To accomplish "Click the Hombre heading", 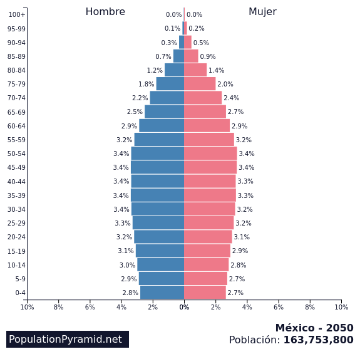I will point(105,12).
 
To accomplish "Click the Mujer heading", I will point(262,12).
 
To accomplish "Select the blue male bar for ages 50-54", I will point(157,153).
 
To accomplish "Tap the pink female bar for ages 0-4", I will point(205,293).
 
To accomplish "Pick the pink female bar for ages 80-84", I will point(195,70).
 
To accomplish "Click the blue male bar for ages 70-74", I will point(167,98).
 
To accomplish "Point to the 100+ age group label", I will point(17,14).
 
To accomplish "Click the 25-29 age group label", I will point(16,223).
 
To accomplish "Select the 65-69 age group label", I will point(16,112).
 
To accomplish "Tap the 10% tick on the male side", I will point(27,307).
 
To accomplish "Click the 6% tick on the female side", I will point(279,307).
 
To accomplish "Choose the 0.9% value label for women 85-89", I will point(208,56).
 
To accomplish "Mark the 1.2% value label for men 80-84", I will point(155,70).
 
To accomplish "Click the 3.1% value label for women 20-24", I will point(242,237).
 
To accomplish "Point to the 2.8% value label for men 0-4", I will point(130,293).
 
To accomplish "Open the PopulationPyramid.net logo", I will point(65,340).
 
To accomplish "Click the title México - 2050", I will point(314,328).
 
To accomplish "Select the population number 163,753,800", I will point(318,340).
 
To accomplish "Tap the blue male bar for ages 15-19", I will point(160,251).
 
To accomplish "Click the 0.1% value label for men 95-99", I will point(172,29).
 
